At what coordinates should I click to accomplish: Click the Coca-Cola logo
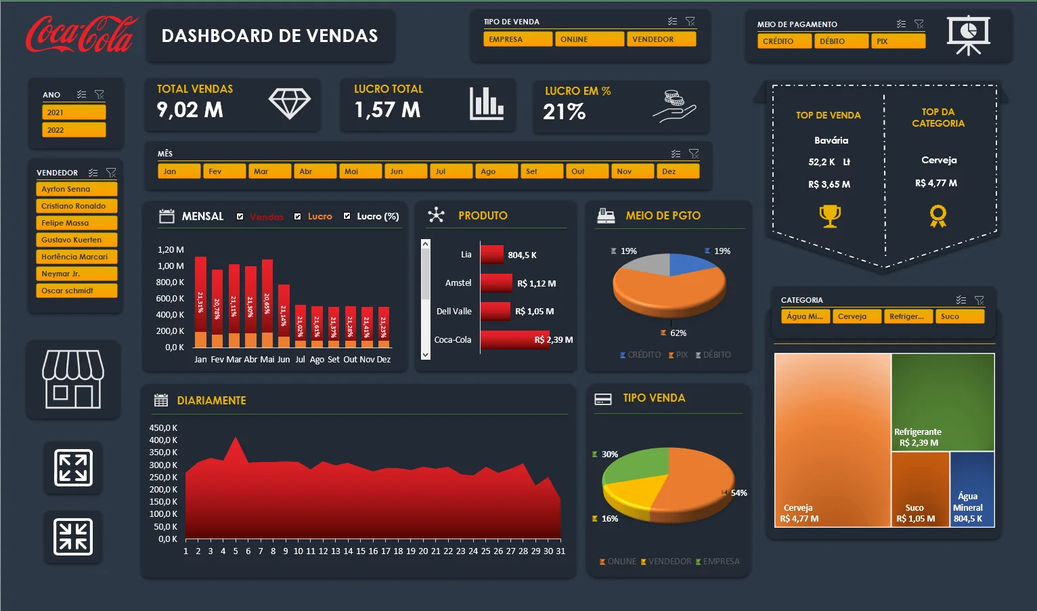tap(81, 35)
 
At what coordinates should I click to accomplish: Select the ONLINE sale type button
tap(589, 39)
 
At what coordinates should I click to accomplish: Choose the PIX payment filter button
tap(898, 41)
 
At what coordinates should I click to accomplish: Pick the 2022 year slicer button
tap(74, 130)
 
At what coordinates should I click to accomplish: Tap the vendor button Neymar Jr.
tap(76, 274)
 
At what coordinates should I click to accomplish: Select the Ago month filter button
tap(496, 171)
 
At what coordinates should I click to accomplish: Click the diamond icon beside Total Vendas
tap(289, 104)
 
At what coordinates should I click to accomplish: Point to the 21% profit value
tap(564, 112)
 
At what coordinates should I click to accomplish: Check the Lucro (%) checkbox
tap(347, 216)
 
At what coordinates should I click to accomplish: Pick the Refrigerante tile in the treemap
tap(942, 402)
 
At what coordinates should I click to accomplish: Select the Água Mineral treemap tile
tap(972, 489)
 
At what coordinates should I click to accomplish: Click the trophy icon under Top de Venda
tap(830, 216)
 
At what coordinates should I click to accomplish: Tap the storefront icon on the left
tap(73, 379)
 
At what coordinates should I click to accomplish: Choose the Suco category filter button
tap(958, 316)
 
